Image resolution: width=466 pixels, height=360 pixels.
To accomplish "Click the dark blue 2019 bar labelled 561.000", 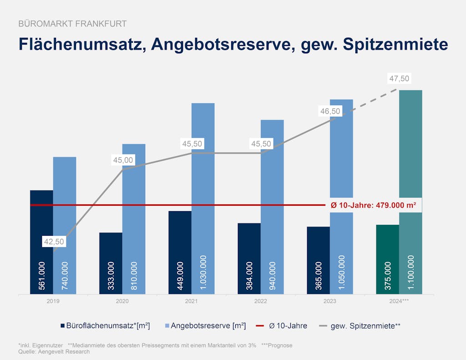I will [x=41, y=241].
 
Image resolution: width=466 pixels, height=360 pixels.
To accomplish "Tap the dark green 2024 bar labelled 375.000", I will [x=387, y=259].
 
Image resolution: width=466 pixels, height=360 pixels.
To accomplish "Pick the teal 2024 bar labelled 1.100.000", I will [x=410, y=191].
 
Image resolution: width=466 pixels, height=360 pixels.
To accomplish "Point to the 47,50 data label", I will [x=399, y=79].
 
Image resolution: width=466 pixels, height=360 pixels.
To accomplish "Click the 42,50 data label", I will [x=54, y=242].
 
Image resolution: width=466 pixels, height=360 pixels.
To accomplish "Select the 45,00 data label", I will [x=123, y=160].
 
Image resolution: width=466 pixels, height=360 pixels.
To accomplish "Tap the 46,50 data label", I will [x=330, y=112].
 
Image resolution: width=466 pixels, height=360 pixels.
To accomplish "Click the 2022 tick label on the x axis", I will [x=261, y=301].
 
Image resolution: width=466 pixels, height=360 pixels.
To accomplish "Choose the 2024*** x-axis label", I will [x=399, y=301].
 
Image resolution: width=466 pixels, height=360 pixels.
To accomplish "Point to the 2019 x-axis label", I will [x=53, y=301].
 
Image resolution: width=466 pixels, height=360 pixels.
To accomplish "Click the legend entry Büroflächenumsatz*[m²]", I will [x=105, y=326].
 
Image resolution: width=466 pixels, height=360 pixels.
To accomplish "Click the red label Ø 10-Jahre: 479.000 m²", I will [x=373, y=205].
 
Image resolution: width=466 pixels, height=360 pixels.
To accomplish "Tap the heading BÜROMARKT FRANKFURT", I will [x=72, y=24].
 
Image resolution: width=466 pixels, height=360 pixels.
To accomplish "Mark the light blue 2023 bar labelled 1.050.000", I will [x=341, y=196].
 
